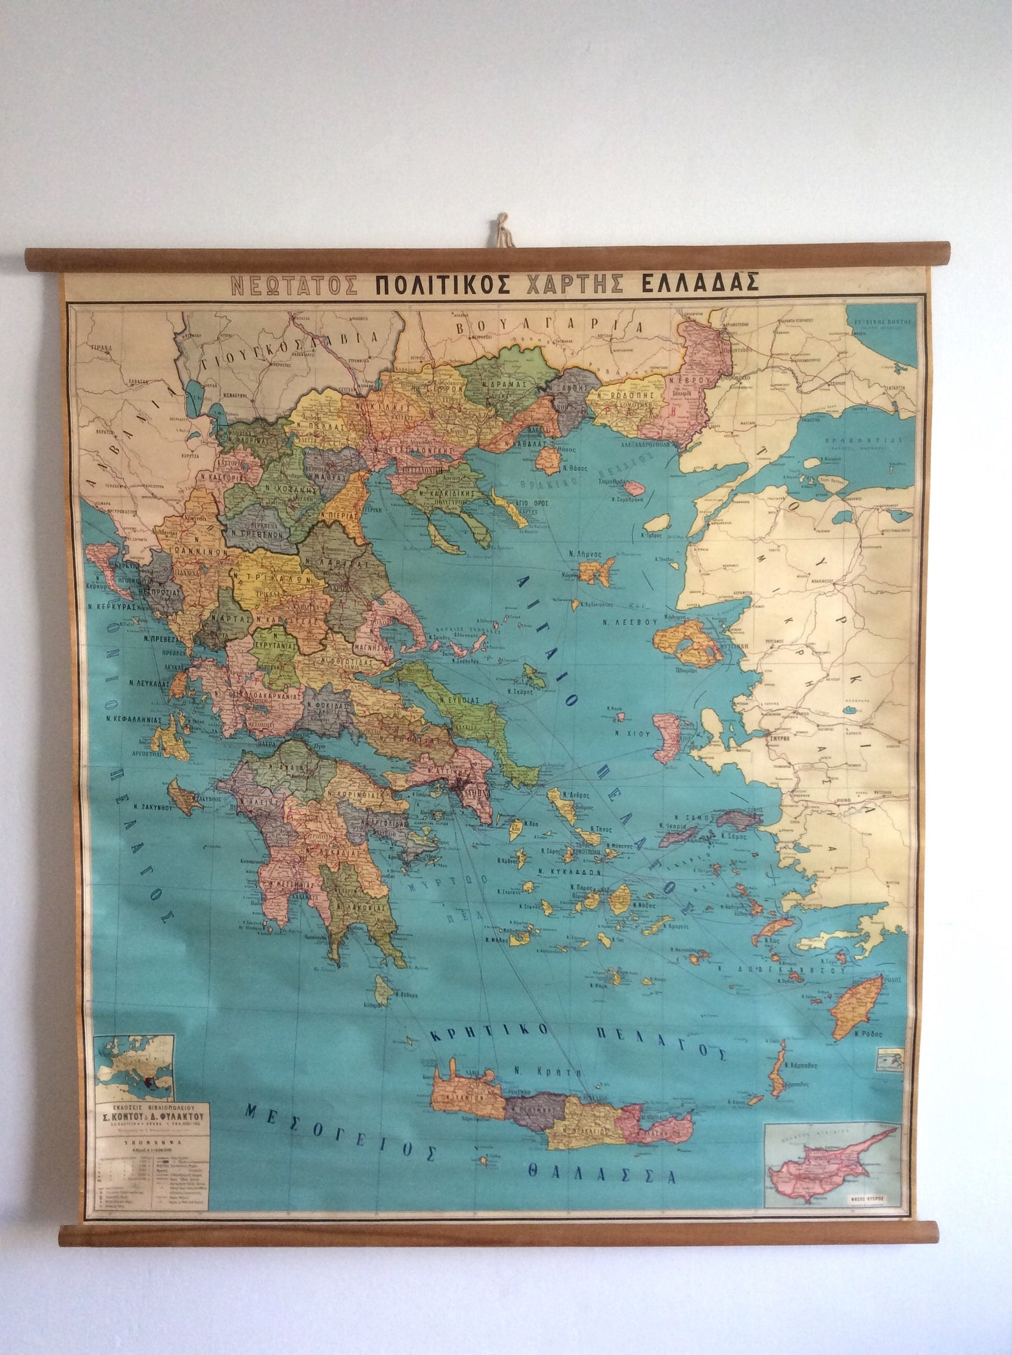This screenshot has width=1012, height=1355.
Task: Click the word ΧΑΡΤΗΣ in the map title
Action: click(x=581, y=281)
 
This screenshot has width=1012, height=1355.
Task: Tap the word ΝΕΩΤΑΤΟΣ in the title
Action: click(x=295, y=282)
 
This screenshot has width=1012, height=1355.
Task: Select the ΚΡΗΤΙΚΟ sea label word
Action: click(x=489, y=1032)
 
